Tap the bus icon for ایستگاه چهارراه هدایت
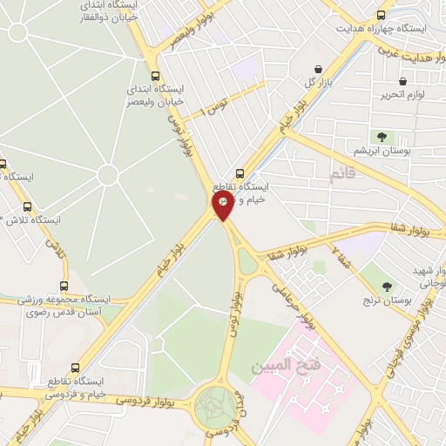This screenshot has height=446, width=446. point(381,15)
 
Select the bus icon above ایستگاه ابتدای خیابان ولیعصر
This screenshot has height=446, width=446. point(155,76)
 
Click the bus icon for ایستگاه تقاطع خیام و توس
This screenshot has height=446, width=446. point(240,172)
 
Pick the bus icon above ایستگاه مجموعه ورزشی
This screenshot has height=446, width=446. point(64,286)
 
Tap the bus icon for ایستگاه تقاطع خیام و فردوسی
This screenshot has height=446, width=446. point(75,368)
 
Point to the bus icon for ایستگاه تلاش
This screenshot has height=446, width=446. point(28,207)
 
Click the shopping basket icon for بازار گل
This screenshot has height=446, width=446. point(319,69)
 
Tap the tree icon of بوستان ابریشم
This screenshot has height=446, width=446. point(381,136)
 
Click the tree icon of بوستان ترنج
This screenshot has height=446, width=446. point(387,287)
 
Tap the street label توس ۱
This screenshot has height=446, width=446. point(213,109)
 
